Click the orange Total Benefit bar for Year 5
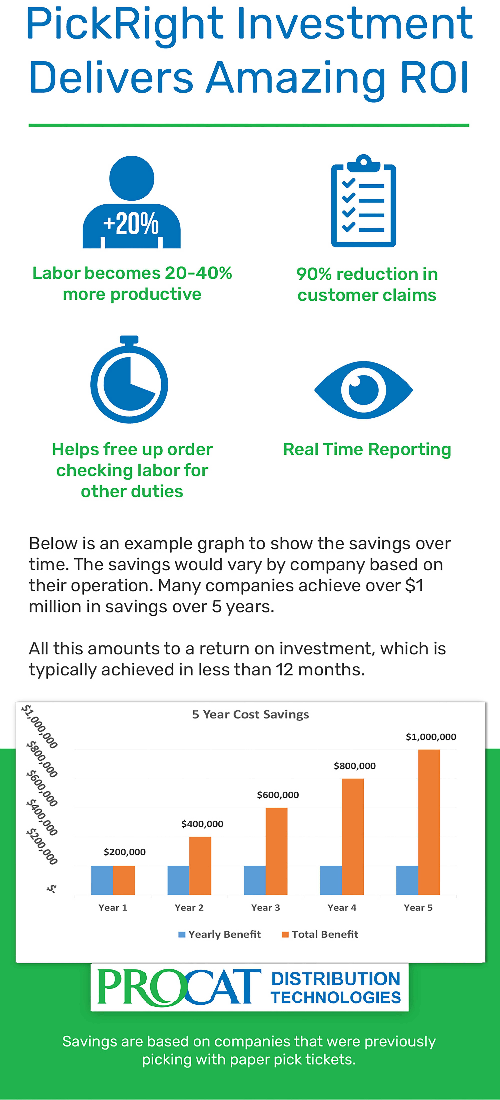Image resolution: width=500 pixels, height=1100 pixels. click(429, 822)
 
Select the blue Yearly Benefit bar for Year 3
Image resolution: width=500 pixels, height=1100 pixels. click(255, 880)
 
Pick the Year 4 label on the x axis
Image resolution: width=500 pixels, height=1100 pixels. click(342, 907)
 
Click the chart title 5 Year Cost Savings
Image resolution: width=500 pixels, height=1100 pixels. click(250, 714)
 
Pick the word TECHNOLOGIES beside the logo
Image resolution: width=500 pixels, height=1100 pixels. click(336, 997)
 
